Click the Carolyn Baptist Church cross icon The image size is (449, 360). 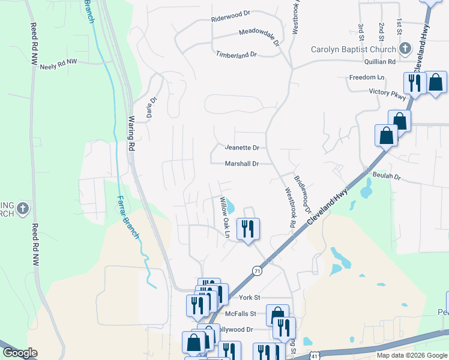405,49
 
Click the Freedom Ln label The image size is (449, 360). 367,78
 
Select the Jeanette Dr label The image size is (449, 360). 242,148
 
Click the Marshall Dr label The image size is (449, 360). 242,163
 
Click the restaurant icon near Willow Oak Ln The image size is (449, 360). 247,229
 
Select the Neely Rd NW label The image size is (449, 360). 59,65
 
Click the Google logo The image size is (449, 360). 20,352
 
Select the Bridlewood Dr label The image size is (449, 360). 303,194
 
